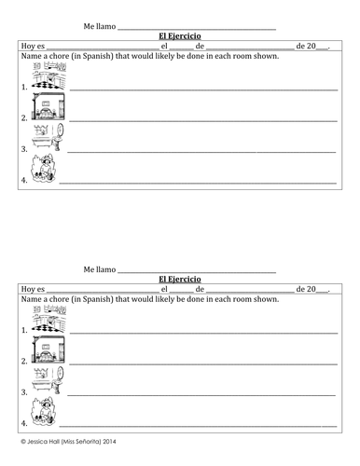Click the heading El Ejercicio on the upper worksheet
click(180, 36)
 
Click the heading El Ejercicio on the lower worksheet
click(180, 279)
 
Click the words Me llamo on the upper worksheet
click(99, 26)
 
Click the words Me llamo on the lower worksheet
click(99, 269)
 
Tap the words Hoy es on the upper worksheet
click(31, 46)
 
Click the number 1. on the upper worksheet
click(24, 86)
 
